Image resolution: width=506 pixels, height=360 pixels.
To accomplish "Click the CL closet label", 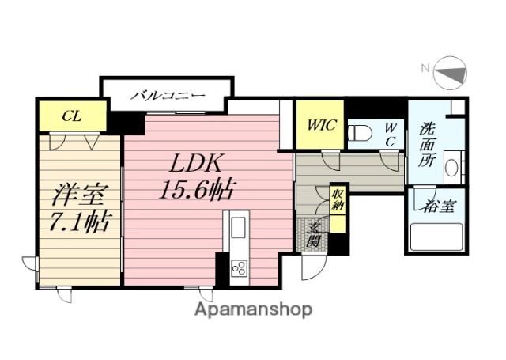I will click(70, 116).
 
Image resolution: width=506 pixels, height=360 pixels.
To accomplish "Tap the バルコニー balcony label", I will click(168, 96).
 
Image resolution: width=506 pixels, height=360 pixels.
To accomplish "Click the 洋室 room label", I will click(77, 194).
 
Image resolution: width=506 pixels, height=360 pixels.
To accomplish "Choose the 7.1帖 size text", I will click(77, 221).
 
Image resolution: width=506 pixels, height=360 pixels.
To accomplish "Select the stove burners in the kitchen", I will click(238, 269).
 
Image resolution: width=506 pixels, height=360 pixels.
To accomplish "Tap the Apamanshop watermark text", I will click(253, 309).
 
